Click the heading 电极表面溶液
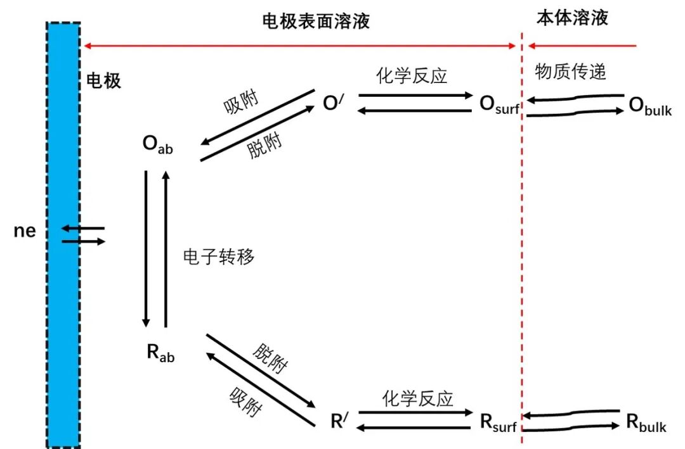(x=315, y=22)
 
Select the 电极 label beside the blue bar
(x=103, y=80)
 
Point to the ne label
(x=25, y=232)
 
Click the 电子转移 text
(x=219, y=256)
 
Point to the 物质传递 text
(x=570, y=71)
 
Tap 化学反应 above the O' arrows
(x=412, y=75)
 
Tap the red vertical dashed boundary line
(x=521, y=253)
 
